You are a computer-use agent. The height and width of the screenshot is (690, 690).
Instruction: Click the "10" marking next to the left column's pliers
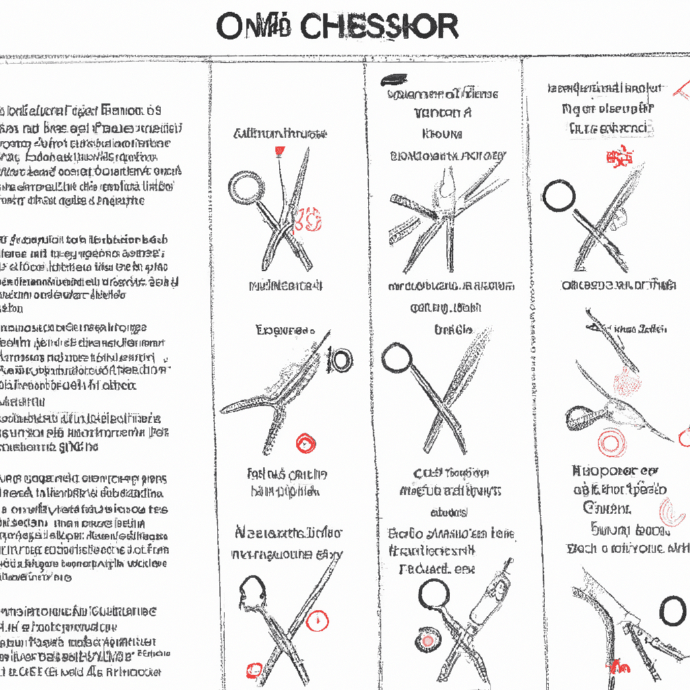341,360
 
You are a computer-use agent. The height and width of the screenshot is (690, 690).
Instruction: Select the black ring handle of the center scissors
396,358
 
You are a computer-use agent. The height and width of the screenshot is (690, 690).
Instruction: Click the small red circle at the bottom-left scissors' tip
254,670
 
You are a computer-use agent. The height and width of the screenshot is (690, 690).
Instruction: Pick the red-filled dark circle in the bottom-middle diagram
426,640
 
